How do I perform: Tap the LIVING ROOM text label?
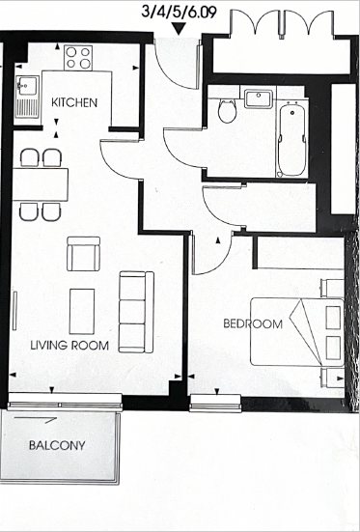pyautogui.click(x=69, y=345)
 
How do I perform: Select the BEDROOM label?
pyautogui.click(x=253, y=324)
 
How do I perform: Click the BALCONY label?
pyautogui.click(x=57, y=446)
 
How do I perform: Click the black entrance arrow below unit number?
pyautogui.click(x=179, y=29)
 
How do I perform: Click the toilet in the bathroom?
pyautogui.click(x=228, y=111)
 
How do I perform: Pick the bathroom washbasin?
pyautogui.click(x=258, y=98)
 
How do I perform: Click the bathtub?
pyautogui.click(x=290, y=137)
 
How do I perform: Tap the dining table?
pyautogui.click(x=41, y=183)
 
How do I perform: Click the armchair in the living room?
pyautogui.click(x=83, y=255)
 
